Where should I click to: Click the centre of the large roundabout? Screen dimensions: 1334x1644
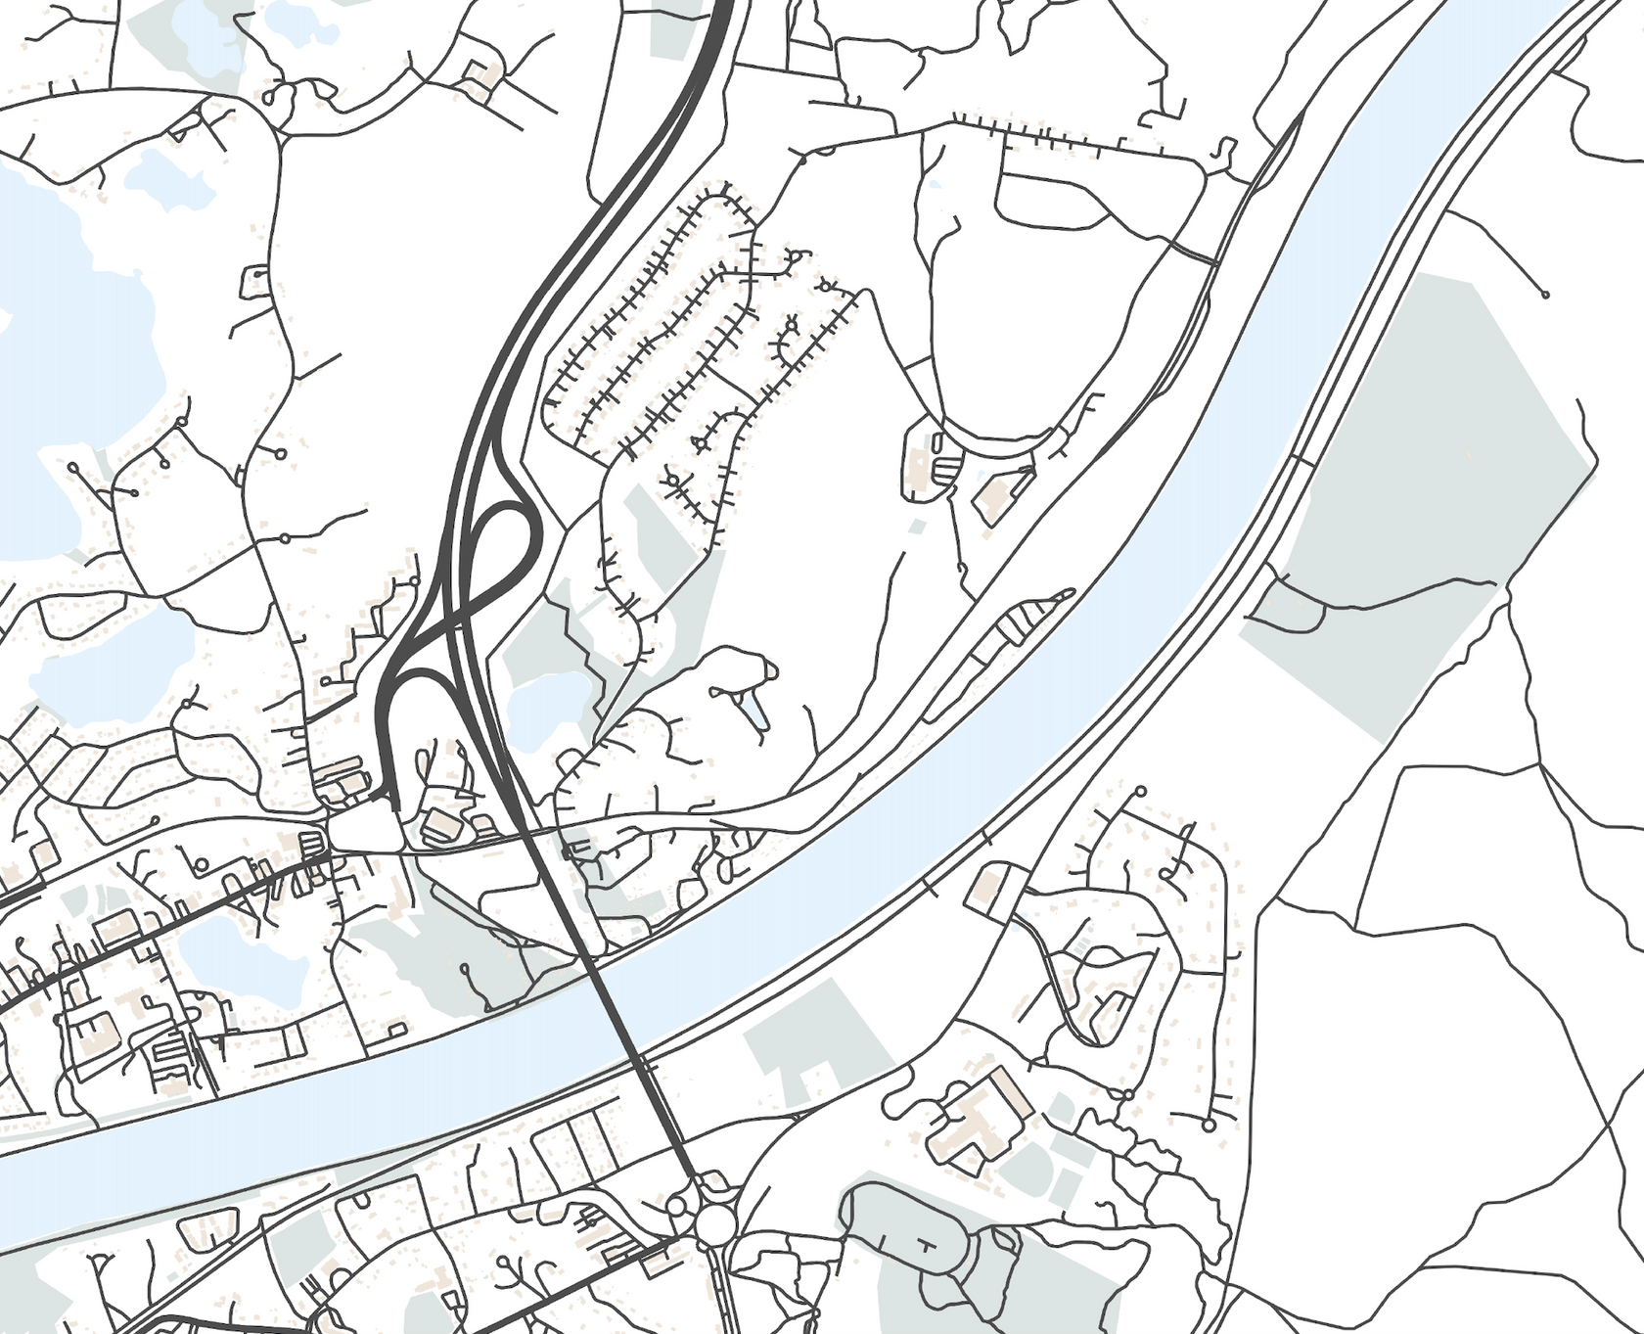click(x=716, y=1221)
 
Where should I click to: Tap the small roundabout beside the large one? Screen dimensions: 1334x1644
click(x=677, y=1206)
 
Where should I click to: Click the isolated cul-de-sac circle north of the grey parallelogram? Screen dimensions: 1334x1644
click(x=1545, y=294)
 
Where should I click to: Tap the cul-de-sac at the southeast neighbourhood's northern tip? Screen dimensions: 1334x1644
click(x=1140, y=791)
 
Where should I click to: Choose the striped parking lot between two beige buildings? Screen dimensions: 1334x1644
click(x=945, y=471)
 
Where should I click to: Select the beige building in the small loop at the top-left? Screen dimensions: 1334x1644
click(x=479, y=76)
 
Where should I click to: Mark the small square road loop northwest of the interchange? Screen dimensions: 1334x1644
click(x=253, y=281)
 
